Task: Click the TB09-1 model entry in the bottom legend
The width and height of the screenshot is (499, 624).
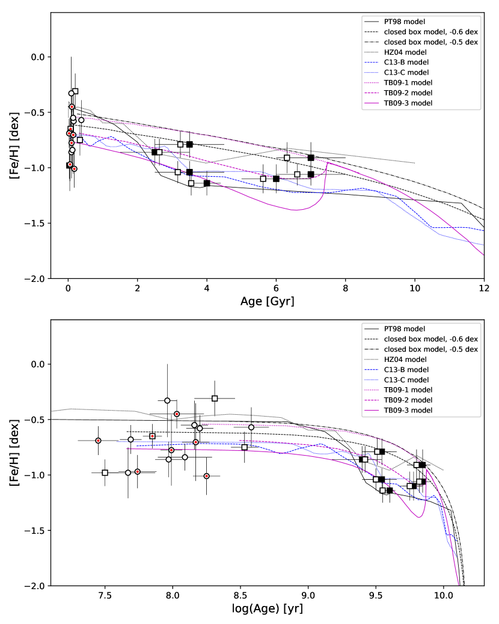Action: click(x=408, y=390)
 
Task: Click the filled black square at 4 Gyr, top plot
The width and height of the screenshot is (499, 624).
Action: click(x=207, y=183)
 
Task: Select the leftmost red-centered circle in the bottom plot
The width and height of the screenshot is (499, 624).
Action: click(x=98, y=441)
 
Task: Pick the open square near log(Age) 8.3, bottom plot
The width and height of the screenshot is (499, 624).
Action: click(x=215, y=398)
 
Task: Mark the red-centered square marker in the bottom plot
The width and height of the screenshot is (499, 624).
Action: click(x=153, y=436)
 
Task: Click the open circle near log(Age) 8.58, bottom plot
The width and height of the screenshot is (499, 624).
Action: click(x=251, y=427)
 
